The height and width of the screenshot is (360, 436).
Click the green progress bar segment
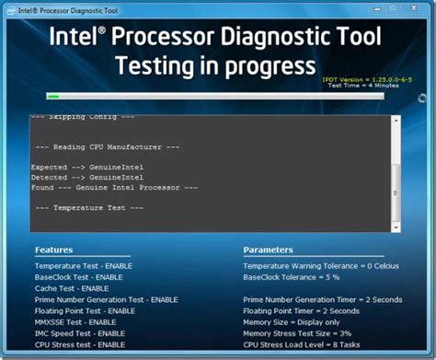coord(52,95)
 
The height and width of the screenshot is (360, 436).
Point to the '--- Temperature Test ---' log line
coord(88,208)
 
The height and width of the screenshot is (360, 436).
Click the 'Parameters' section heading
coord(270,250)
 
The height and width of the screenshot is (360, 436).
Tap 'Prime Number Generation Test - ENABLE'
coord(106,299)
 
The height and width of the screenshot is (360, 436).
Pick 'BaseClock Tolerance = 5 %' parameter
coord(292,276)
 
